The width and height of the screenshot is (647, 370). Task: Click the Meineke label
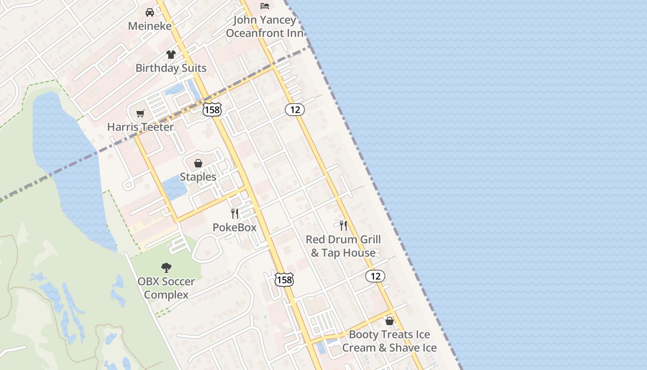click(150, 26)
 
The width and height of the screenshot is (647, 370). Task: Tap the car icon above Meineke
click(150, 12)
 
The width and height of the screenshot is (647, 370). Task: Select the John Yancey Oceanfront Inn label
click(265, 26)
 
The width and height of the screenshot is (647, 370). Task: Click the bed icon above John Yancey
click(265, 6)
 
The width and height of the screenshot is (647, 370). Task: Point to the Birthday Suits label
click(171, 68)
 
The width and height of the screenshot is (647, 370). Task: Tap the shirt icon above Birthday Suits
click(171, 55)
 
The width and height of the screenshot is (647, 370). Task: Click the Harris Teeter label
click(140, 127)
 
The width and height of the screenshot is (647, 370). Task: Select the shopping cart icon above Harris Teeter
click(140, 113)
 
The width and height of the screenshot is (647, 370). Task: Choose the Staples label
click(198, 177)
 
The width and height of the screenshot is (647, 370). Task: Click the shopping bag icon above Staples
click(198, 163)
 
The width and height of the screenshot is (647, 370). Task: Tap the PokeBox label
click(234, 227)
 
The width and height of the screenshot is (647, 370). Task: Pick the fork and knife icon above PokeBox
click(235, 213)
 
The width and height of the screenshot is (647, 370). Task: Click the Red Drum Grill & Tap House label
click(343, 246)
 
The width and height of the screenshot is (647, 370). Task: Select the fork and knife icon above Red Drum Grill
click(343, 226)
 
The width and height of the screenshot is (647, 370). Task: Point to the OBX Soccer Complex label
click(166, 288)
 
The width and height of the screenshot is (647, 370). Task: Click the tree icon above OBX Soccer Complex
click(166, 267)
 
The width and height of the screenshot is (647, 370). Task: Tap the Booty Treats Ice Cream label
click(390, 341)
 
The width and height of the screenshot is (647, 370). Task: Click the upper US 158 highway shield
click(212, 109)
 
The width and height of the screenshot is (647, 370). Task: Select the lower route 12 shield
click(375, 276)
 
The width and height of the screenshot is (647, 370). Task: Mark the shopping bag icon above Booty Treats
click(390, 321)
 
